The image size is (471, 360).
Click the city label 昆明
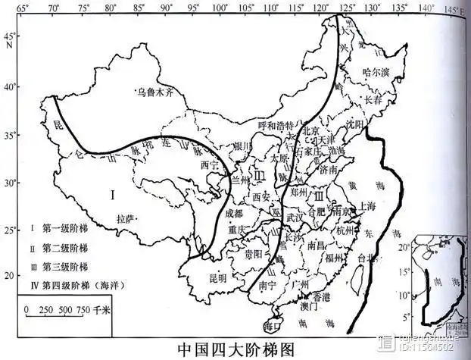[217, 278]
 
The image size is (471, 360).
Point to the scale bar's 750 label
[83, 310]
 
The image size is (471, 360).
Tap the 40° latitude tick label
[9, 86]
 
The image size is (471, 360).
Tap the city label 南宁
[265, 287]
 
